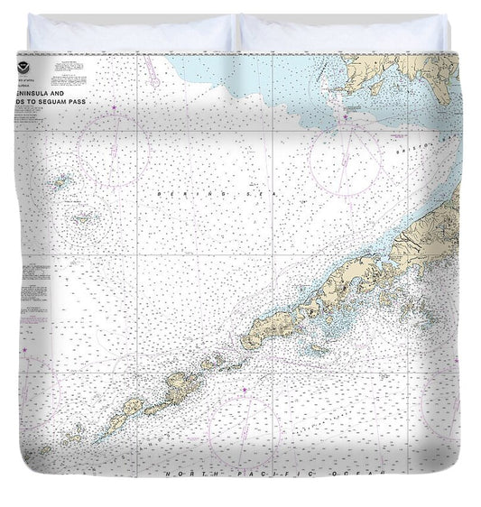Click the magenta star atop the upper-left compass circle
point(115,109)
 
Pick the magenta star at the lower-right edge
point(457,362)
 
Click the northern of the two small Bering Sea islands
point(62,181)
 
